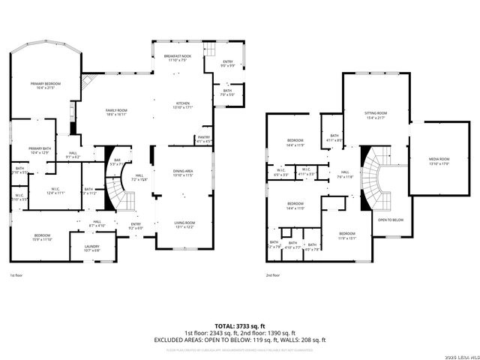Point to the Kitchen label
(x=183, y=106)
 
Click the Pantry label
(x=203, y=139)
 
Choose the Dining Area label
(x=183, y=172)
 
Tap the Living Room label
(x=184, y=223)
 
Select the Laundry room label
(x=91, y=248)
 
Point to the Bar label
(x=117, y=161)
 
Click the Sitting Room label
(x=355, y=114)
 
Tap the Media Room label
(x=439, y=160)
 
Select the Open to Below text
(x=391, y=220)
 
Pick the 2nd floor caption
(x=274, y=276)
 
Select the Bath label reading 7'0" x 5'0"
(x=226, y=93)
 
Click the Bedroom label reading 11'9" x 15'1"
(x=347, y=236)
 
